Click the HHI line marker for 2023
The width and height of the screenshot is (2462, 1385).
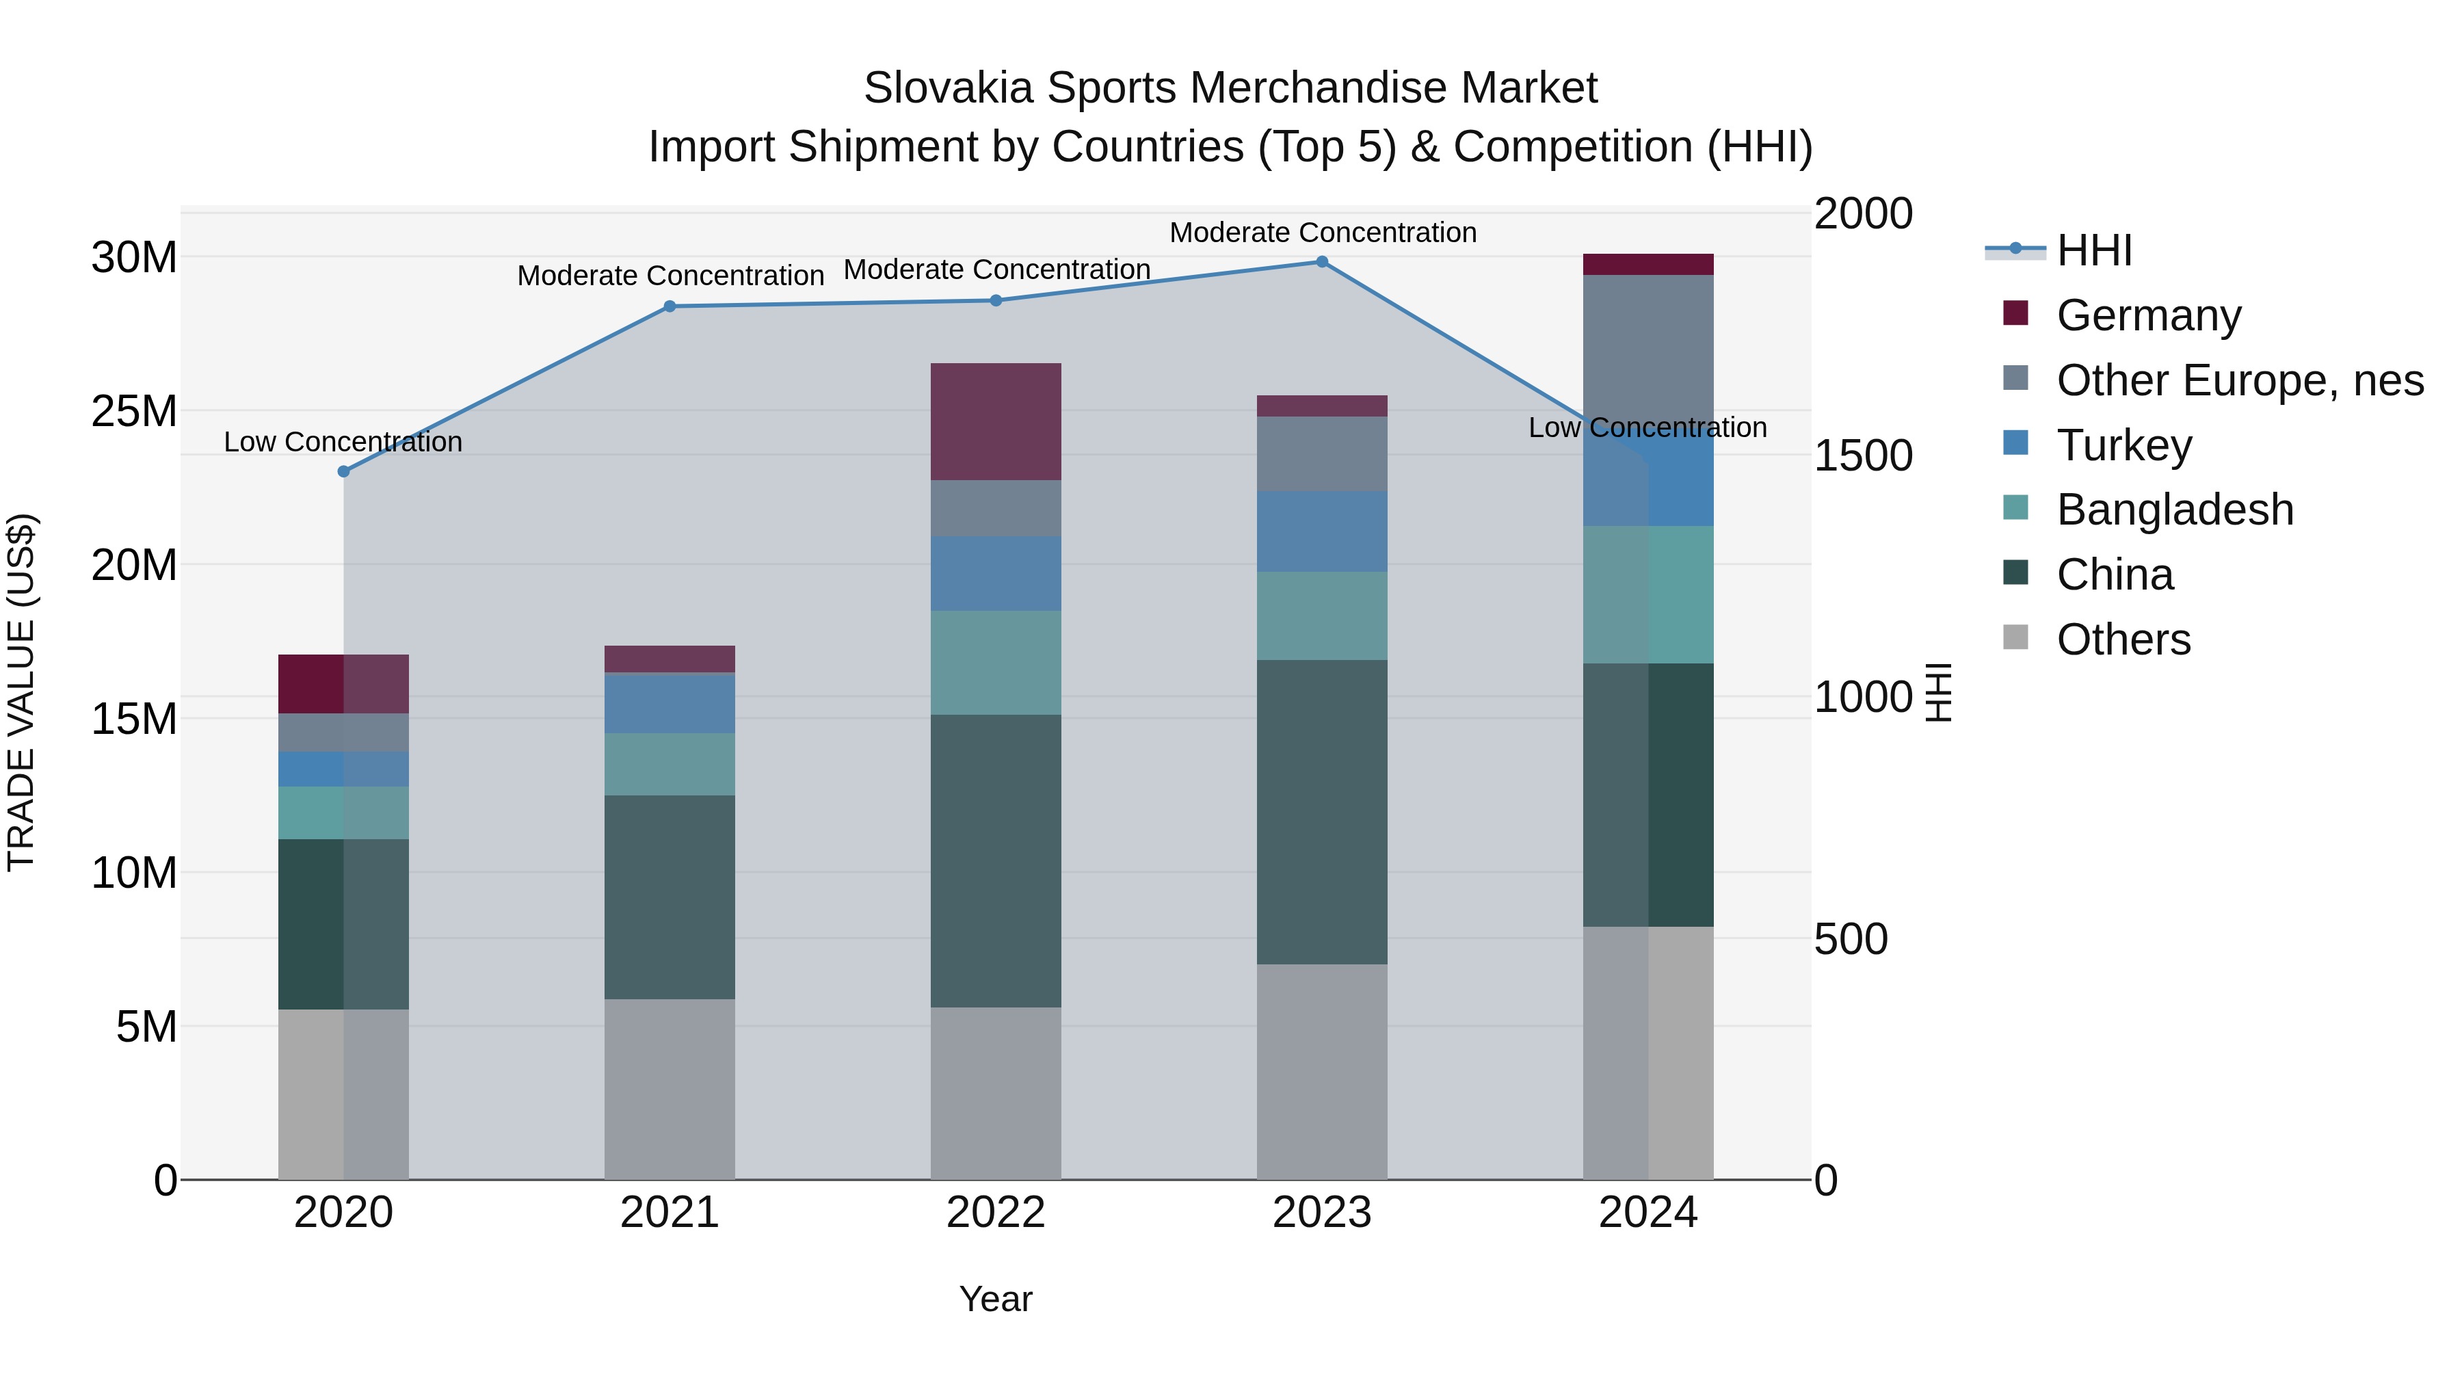point(1322,262)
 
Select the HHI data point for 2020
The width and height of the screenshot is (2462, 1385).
point(344,471)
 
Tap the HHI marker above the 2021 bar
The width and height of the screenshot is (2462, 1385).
point(670,307)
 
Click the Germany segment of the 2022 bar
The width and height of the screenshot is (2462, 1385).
point(996,421)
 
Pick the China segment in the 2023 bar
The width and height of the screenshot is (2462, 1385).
point(1322,813)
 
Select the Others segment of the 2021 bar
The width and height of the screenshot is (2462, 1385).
point(670,1090)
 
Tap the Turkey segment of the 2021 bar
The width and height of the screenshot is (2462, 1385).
point(670,704)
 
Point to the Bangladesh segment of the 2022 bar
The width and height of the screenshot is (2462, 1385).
point(996,662)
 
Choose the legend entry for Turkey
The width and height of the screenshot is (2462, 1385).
point(2123,445)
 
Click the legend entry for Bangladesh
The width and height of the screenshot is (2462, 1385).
point(2174,510)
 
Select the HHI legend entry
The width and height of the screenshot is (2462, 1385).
point(2093,250)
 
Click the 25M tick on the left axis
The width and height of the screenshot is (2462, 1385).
point(134,411)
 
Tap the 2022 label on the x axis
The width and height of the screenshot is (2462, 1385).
point(996,1213)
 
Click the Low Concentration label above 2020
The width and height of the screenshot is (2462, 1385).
point(343,442)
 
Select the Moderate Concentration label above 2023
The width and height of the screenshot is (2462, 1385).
point(1323,233)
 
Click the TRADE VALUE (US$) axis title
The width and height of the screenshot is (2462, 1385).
point(21,693)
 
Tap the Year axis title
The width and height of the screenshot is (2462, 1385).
point(996,1299)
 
